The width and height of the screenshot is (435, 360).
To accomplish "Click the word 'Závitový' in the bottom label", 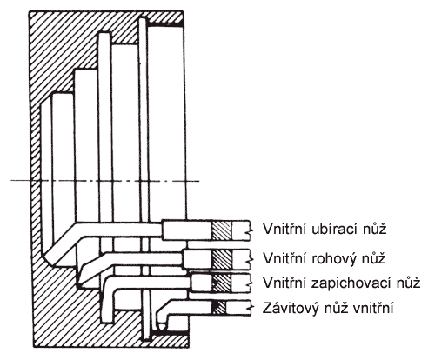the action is point(288,308).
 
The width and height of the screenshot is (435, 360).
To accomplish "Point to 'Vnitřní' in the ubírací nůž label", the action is point(284,229).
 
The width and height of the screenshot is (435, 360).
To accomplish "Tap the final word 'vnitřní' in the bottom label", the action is point(373,308).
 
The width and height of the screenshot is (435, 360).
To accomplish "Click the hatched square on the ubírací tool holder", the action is point(222,230).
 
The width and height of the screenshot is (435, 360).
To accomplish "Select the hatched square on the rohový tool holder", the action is point(222,258).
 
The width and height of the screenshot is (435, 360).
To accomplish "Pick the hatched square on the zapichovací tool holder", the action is point(222,283).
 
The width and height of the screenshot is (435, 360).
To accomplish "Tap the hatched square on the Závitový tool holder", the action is point(219,308).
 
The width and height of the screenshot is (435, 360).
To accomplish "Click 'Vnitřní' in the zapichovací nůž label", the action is point(284,283).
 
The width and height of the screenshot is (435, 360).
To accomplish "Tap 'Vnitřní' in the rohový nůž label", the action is point(284,258).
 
